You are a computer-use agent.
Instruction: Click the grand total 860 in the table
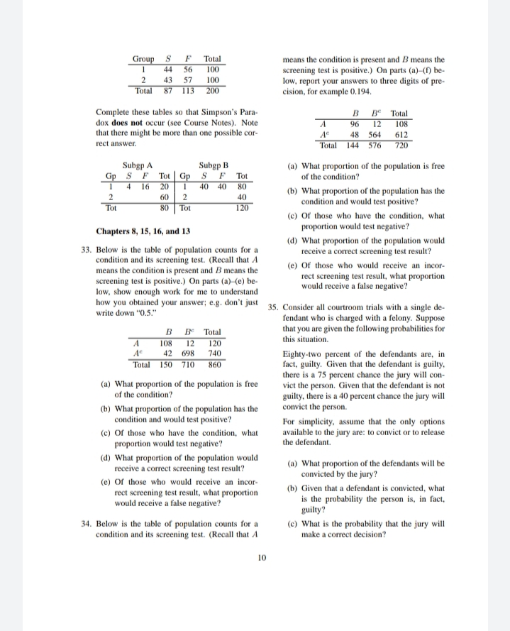click(x=213, y=364)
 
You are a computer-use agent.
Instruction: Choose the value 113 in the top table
click(x=189, y=91)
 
